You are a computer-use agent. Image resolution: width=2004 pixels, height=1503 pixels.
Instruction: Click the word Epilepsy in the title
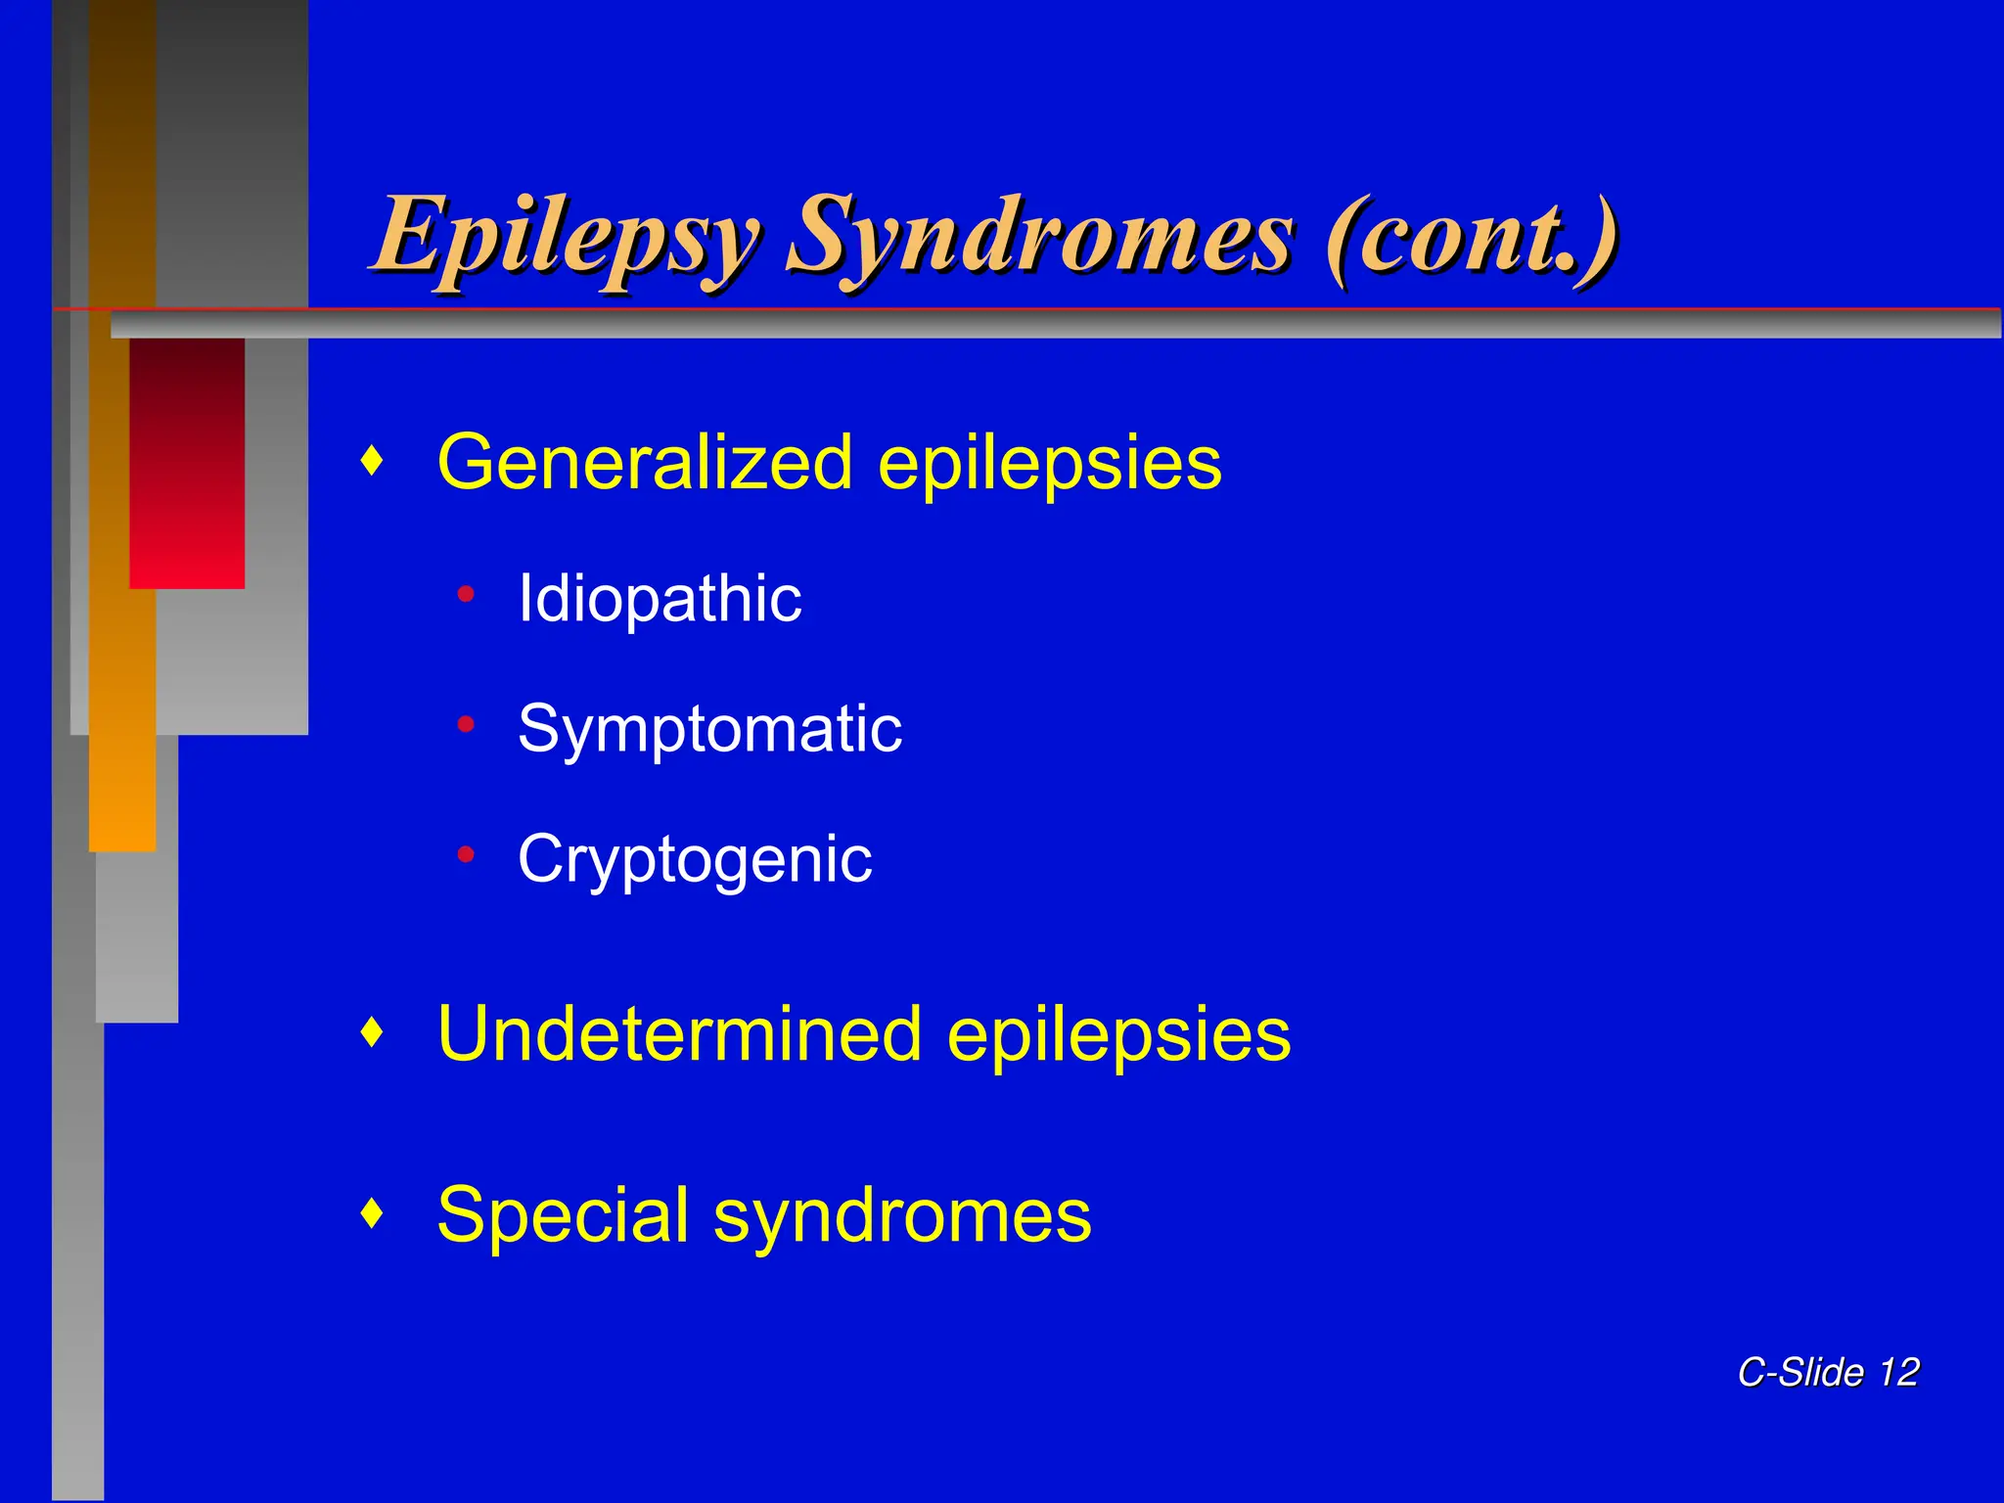pyautogui.click(x=565, y=238)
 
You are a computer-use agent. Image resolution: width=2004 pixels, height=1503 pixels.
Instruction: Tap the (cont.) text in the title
pyautogui.click(x=1471, y=238)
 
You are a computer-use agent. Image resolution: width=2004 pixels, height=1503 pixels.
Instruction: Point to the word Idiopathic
pyautogui.click(x=660, y=598)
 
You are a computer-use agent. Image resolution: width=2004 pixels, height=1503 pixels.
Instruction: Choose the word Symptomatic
pyautogui.click(x=709, y=730)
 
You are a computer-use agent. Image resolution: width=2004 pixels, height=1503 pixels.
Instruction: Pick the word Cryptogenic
pyautogui.click(x=695, y=860)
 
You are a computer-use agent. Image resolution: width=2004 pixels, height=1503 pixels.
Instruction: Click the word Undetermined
pyautogui.click(x=679, y=1034)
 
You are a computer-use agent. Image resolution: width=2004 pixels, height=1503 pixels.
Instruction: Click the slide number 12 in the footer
pyautogui.click(x=1898, y=1372)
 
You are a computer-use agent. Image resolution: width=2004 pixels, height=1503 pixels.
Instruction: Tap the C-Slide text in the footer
pyautogui.click(x=1800, y=1372)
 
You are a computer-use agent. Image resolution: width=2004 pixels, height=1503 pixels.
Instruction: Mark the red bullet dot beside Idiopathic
pyautogui.click(x=466, y=594)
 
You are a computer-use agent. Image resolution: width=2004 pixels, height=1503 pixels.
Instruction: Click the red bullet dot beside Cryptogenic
pyautogui.click(x=466, y=855)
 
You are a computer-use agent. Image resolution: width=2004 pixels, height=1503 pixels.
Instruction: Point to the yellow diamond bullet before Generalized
pyautogui.click(x=371, y=460)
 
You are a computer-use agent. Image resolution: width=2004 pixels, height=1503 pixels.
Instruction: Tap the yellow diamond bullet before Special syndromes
pyautogui.click(x=371, y=1213)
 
